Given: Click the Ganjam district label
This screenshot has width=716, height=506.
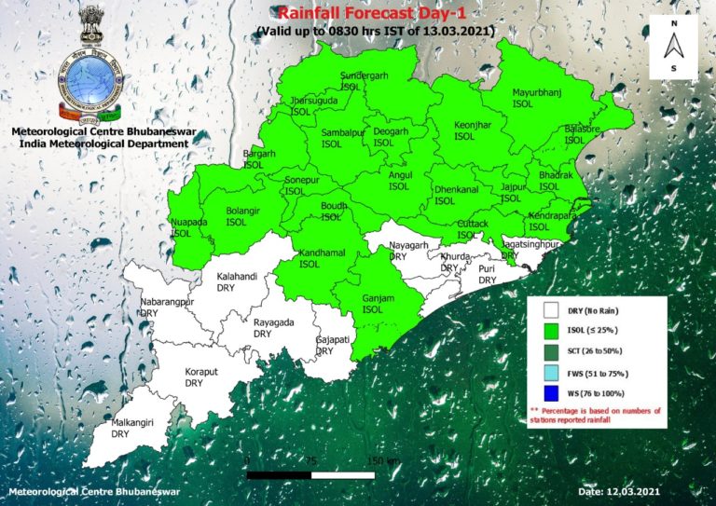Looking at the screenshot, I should [373, 303].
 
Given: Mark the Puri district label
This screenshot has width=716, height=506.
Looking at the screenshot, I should [488, 274].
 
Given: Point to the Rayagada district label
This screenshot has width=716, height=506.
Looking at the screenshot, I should [273, 327].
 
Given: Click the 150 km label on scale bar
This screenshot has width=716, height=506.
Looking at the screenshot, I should [382, 461].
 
